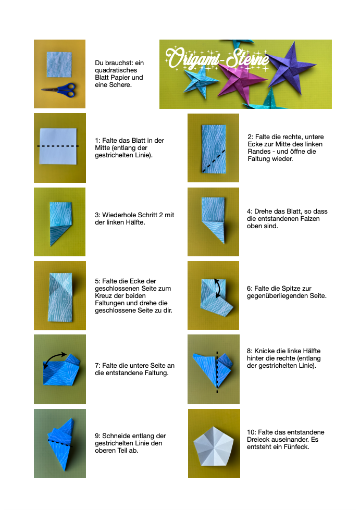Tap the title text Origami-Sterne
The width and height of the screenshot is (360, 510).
click(x=217, y=59)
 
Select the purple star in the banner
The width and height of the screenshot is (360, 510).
click(x=290, y=67)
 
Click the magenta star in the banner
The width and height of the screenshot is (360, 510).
click(x=239, y=79)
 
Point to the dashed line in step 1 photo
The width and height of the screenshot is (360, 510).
click(x=58, y=146)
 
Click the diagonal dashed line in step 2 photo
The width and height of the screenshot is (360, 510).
click(x=214, y=160)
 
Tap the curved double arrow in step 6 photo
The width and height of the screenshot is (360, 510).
click(x=217, y=288)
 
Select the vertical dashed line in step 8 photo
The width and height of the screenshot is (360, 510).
click(x=217, y=372)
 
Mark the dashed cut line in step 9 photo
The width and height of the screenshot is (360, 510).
click(x=59, y=442)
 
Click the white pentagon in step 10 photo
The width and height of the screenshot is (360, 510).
click(x=214, y=446)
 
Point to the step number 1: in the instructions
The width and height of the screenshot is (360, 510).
click(x=97, y=141)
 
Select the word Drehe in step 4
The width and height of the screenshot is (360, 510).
click(x=262, y=212)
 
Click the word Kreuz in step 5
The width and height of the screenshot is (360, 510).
click(x=104, y=296)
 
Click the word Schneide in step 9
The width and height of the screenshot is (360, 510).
click(x=115, y=436)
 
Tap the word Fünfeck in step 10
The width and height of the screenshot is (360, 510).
click(x=296, y=447)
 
